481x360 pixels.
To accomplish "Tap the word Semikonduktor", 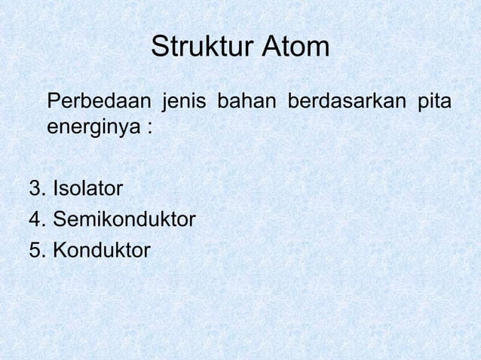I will pos(124,219).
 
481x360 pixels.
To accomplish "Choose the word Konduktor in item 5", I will pos(101,249).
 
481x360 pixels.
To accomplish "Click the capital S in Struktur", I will pos(160,47).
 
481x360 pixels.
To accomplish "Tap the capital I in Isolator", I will pos(54,188).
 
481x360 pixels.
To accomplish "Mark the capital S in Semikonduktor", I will pos(57,219).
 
